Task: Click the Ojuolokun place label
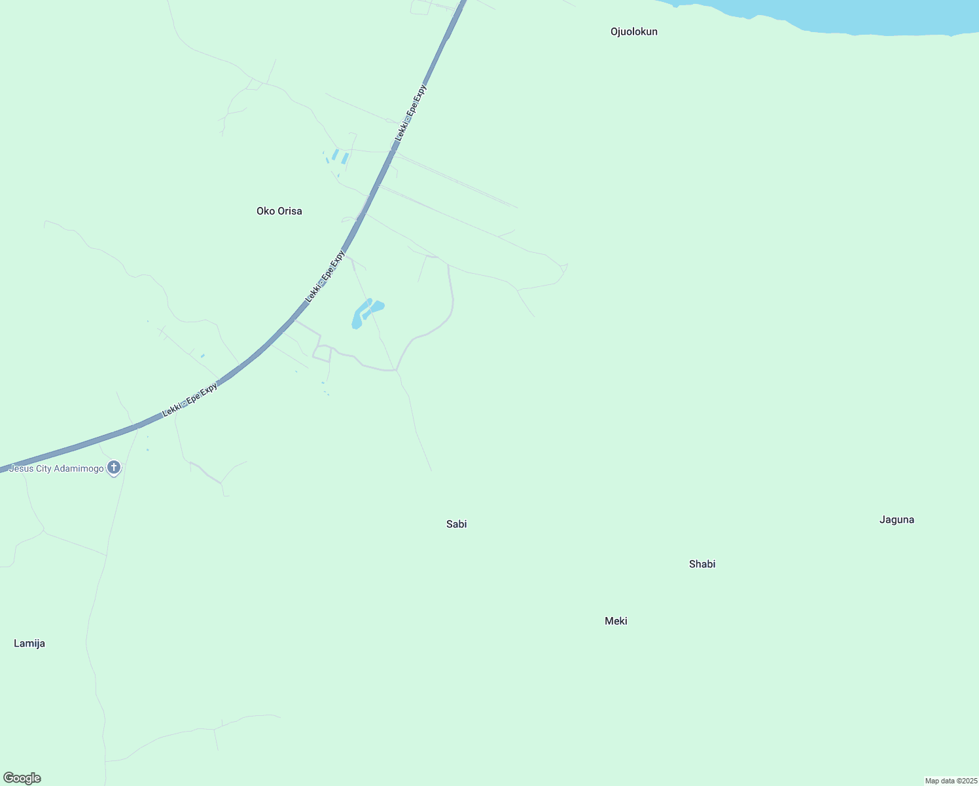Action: click(x=633, y=32)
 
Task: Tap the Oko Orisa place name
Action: click(x=279, y=211)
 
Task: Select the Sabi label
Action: click(x=456, y=524)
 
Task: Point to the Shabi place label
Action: click(x=702, y=564)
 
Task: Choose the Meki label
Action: click(x=616, y=621)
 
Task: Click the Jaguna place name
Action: click(x=897, y=520)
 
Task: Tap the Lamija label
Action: click(x=29, y=644)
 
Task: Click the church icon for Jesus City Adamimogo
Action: click(x=114, y=468)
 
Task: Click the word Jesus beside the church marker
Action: click(x=20, y=469)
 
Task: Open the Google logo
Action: click(x=22, y=778)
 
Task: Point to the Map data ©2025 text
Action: click(x=950, y=781)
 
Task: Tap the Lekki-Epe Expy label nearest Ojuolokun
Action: click(x=411, y=113)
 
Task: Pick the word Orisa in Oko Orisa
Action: click(x=290, y=211)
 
